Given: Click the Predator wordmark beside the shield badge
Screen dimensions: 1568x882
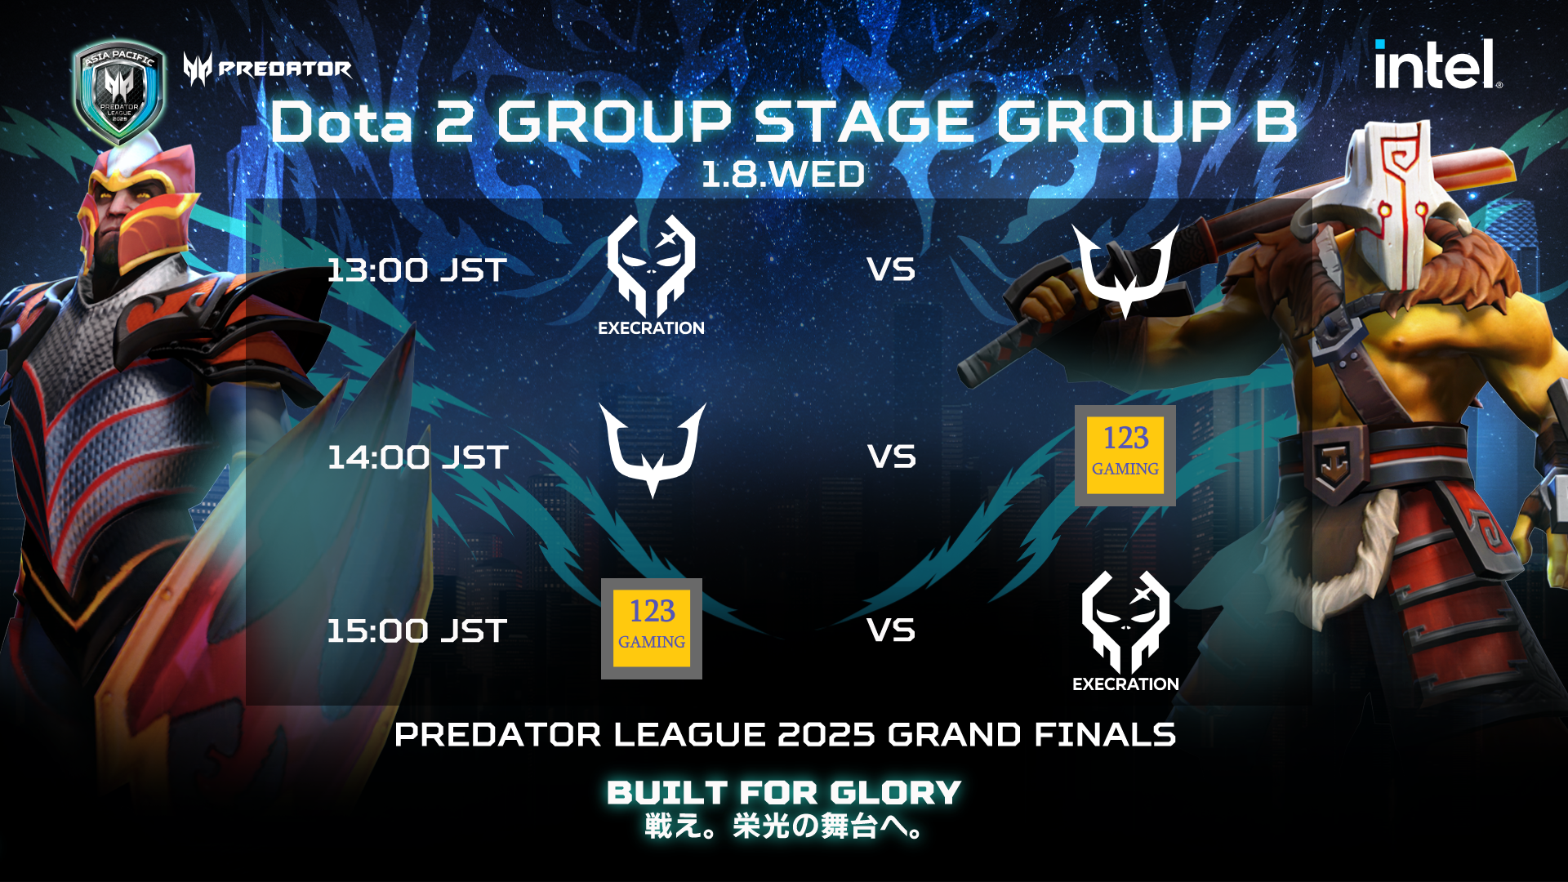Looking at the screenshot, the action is (x=268, y=69).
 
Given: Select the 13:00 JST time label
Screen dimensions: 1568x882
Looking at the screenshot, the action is (x=416, y=270).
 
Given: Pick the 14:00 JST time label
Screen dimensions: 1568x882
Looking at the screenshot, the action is (x=417, y=457).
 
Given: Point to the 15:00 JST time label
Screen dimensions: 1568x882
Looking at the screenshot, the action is (x=416, y=630).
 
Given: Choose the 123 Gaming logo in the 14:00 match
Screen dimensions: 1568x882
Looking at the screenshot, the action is (x=1125, y=456).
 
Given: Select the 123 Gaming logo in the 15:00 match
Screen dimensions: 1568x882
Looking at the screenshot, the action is (x=652, y=629).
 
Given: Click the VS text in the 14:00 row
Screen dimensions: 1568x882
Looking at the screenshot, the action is (x=891, y=457).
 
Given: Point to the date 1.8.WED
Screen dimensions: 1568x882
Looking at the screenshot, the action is (x=783, y=175).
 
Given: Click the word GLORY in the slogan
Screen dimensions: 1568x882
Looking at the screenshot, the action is (x=896, y=793).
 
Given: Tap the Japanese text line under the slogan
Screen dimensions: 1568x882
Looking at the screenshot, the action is (x=784, y=826).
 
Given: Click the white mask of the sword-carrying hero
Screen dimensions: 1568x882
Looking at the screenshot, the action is (x=1392, y=200).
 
